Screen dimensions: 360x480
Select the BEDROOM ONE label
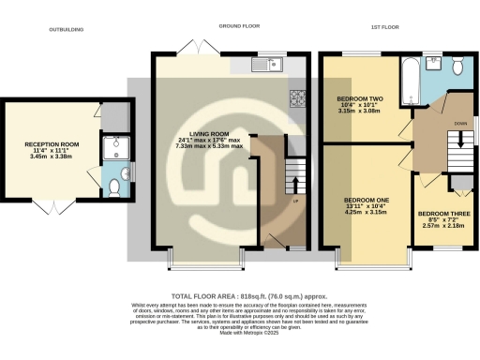pos(366,201)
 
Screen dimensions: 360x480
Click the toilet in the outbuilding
pos(113,188)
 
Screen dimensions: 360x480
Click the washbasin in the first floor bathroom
pos(432,63)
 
